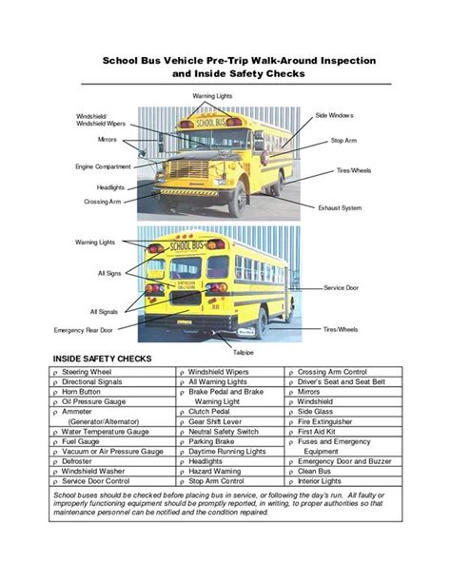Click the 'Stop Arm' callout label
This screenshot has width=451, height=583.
(x=343, y=141)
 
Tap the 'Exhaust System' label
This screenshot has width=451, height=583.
(x=340, y=207)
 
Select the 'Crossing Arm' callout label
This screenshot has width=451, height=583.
(x=102, y=202)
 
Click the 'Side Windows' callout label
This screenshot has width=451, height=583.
(x=335, y=115)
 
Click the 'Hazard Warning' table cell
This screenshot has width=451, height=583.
(x=213, y=470)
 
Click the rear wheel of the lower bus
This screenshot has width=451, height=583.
(x=260, y=325)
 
